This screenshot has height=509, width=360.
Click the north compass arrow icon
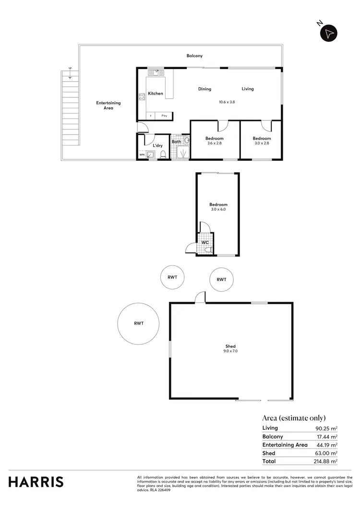[x=329, y=33]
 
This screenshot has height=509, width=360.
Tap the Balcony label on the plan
[x=194, y=56]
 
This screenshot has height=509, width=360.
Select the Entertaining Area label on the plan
[x=108, y=106]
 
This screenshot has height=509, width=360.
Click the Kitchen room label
[x=155, y=94]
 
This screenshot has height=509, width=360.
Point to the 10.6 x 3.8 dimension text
[x=227, y=102]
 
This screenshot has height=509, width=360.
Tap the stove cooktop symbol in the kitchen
[x=142, y=97]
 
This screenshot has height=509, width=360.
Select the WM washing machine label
[x=142, y=155]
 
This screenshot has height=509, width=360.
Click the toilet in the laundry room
[x=163, y=155]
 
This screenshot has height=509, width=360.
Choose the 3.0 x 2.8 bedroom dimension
[x=262, y=144]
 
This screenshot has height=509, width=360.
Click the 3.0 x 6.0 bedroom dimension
[x=218, y=209]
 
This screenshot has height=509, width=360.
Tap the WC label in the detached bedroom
[x=205, y=242]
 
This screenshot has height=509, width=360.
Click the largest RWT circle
[x=139, y=324]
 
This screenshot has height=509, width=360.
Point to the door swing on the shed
[x=200, y=297]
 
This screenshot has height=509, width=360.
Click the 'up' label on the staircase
[x=70, y=68]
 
